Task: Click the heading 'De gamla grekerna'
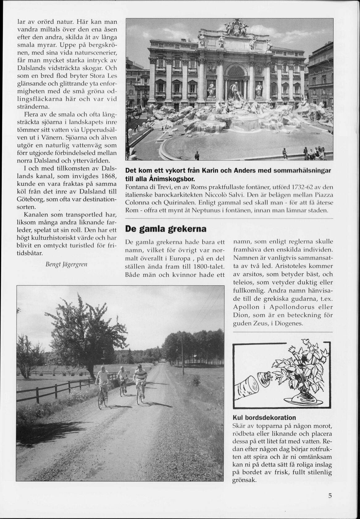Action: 165,229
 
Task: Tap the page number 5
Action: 330,496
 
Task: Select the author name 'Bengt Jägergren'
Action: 66,264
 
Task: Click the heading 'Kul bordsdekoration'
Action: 264,418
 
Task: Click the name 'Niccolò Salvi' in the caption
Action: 228,195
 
